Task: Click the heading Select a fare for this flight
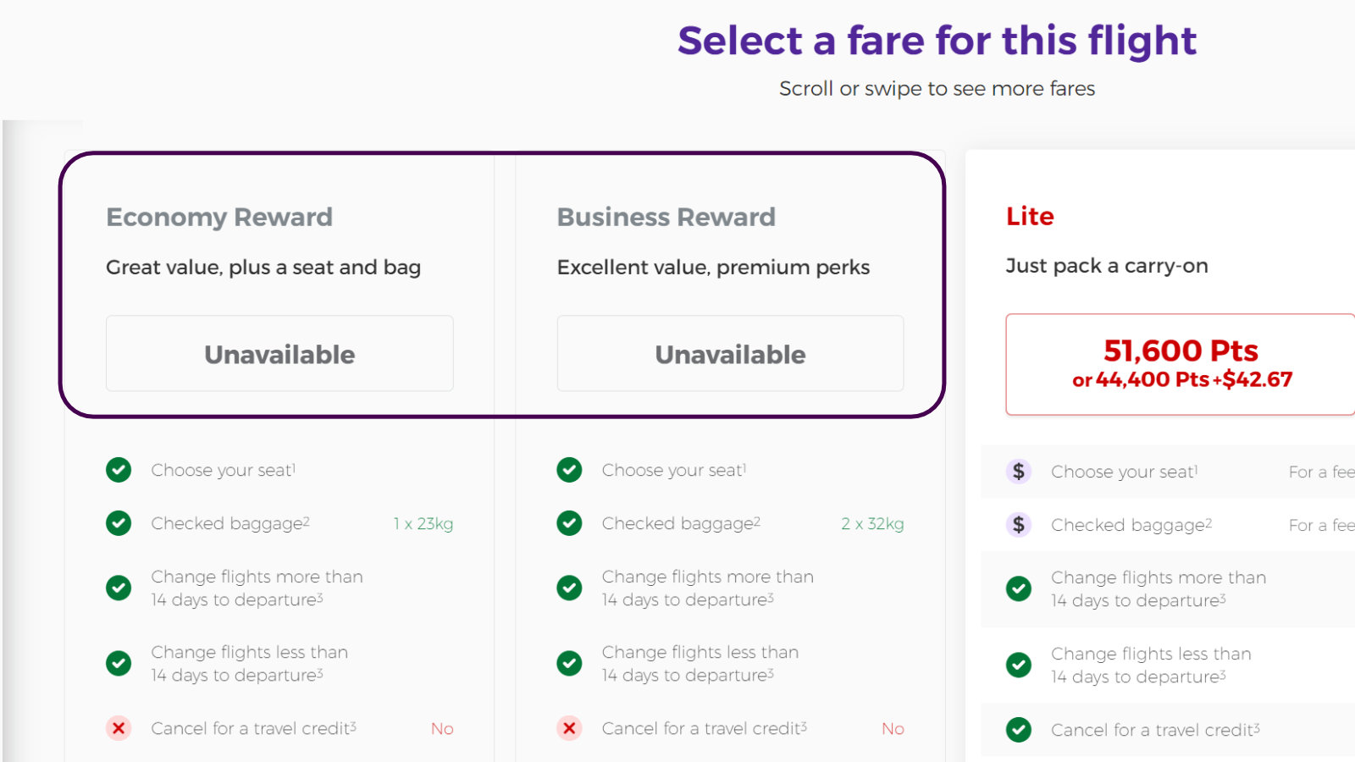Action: tap(937, 41)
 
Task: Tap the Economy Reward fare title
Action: tap(219, 217)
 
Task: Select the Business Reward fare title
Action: tap(666, 217)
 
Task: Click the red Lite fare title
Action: tap(1030, 216)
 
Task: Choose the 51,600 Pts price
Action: tap(1181, 351)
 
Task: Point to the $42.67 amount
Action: tap(1257, 379)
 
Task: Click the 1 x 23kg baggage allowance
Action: tap(423, 524)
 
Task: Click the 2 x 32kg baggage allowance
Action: tap(872, 524)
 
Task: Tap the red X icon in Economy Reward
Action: tap(119, 728)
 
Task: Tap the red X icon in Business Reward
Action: tap(569, 728)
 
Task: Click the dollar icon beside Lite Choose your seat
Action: tap(1019, 471)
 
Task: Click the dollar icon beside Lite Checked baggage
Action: tap(1019, 524)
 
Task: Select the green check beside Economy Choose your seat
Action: tap(119, 470)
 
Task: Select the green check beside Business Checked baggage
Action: tap(569, 523)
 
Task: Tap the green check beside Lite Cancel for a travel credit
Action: tap(1019, 729)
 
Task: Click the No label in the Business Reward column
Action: tap(893, 729)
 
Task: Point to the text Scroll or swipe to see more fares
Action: tap(937, 89)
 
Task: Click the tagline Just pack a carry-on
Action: tap(1107, 266)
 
